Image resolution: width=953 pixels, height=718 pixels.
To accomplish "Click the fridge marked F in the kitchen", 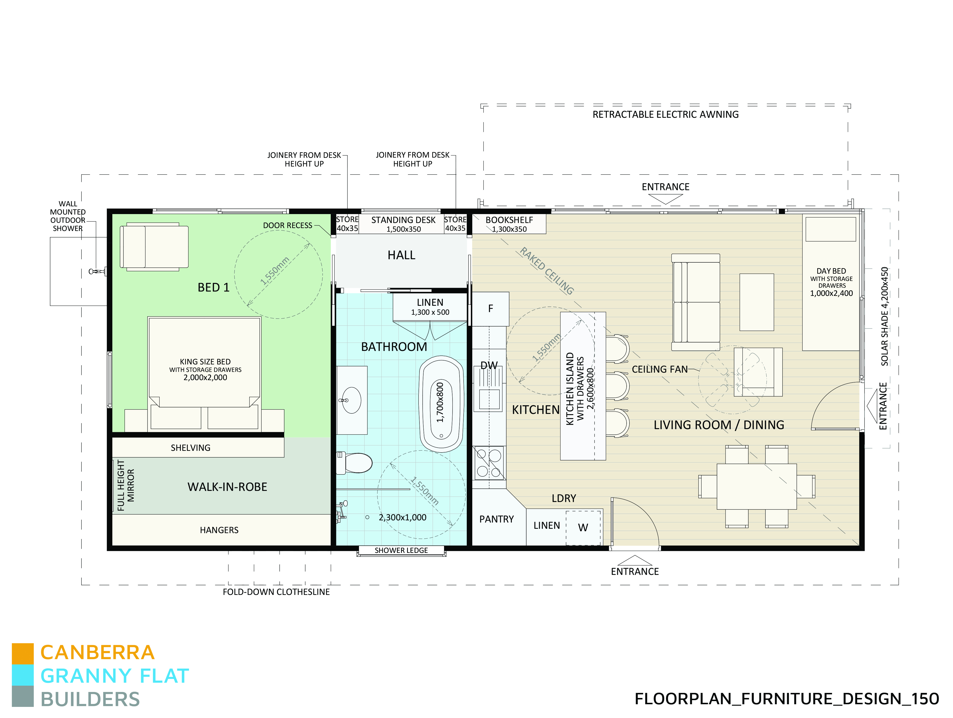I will click(x=490, y=309).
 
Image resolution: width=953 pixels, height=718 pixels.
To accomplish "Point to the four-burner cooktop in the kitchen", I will click(x=489, y=463).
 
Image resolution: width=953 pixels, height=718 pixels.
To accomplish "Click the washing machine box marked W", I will click(x=583, y=527).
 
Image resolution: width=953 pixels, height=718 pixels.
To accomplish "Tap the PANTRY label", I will click(x=496, y=519).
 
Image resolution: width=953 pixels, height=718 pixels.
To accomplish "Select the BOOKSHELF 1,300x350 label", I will click(x=509, y=224).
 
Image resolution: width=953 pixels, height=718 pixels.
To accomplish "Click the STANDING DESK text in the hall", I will click(x=403, y=220).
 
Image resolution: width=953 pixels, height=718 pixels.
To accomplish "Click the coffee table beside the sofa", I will click(x=757, y=302).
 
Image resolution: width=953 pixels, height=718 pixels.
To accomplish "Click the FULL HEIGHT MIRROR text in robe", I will click(x=126, y=485).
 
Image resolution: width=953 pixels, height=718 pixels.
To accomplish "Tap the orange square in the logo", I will click(x=23, y=654).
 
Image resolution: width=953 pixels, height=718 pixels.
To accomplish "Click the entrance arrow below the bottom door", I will click(x=635, y=561).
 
